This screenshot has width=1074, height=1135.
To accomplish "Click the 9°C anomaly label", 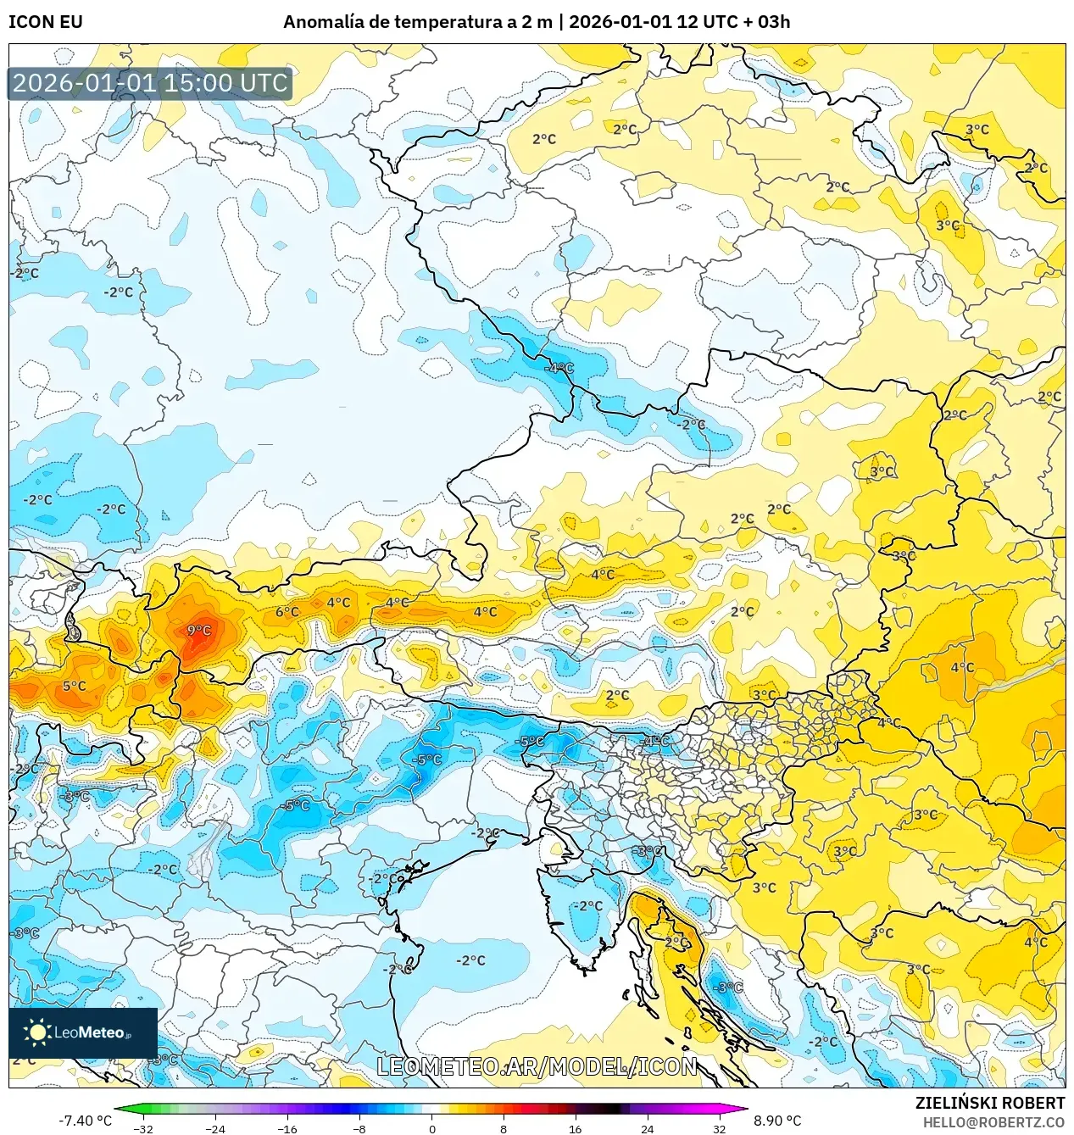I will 198,630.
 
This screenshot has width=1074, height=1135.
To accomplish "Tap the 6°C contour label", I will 287,611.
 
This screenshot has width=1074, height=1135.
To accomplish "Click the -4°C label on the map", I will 559,368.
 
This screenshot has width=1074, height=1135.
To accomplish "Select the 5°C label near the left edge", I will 74,686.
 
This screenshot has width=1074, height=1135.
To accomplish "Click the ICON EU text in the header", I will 46,22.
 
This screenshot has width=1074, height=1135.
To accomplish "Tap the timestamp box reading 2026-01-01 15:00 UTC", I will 150,83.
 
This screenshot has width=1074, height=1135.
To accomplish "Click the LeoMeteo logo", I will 83,1032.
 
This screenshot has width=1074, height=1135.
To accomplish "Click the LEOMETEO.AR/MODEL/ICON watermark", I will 537,1066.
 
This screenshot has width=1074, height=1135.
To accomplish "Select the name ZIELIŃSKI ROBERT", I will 989,1103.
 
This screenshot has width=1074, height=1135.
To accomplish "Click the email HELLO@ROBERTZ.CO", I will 993,1122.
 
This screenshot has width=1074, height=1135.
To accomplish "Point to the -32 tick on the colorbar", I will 143,1128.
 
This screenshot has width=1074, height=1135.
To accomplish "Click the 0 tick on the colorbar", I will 431,1128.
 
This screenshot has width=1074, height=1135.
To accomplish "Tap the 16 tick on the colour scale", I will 575,1128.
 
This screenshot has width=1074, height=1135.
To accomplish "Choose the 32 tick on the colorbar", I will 719,1128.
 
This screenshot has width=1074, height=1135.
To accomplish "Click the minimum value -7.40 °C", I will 85,1121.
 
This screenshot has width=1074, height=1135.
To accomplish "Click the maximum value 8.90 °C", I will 777,1121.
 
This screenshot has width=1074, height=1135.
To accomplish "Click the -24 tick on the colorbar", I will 215,1128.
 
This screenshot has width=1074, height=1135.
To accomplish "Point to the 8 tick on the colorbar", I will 503,1128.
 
